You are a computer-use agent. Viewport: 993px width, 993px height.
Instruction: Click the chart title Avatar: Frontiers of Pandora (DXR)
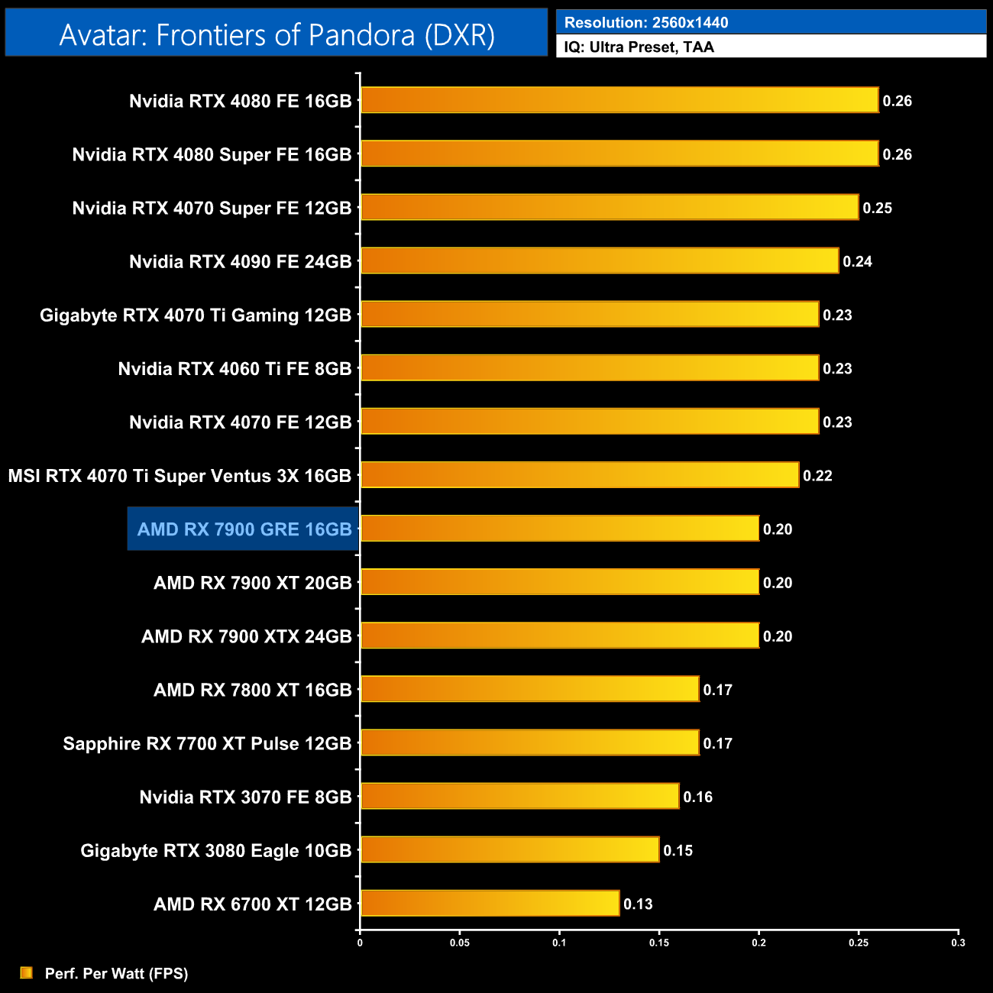[277, 34]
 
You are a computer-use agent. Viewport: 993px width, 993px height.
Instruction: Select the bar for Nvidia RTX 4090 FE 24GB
[600, 260]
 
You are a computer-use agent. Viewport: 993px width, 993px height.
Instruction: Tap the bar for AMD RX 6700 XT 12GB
[490, 903]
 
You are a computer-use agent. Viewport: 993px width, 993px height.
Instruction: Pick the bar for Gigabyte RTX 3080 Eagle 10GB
[509, 849]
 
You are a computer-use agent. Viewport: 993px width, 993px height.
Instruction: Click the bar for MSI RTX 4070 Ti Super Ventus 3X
[580, 474]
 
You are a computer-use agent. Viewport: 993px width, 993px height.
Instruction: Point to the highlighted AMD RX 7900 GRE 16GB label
[244, 529]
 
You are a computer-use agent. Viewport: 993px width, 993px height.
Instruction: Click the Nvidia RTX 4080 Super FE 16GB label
[212, 154]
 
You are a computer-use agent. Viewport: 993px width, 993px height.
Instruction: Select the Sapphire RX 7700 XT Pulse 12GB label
[207, 743]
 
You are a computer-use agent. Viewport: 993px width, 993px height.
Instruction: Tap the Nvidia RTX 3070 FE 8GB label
[245, 797]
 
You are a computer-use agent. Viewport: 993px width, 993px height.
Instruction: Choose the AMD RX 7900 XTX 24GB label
[246, 636]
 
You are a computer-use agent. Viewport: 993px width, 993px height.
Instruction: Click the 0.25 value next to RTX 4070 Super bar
[877, 208]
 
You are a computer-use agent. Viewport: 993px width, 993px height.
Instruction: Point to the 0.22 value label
[817, 475]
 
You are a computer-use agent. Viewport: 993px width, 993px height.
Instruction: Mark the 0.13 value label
[638, 904]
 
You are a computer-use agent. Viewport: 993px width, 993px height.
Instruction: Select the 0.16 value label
[697, 797]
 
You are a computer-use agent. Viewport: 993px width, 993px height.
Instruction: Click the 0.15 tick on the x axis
[659, 943]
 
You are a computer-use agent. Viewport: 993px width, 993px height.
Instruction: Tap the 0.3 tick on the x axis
[958, 943]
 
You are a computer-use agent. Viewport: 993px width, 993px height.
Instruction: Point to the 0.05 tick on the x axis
[460, 943]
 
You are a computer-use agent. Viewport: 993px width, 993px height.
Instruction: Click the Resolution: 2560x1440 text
[646, 22]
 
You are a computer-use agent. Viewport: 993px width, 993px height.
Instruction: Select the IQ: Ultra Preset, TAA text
[639, 47]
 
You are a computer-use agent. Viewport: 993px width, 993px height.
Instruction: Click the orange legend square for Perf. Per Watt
[27, 972]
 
